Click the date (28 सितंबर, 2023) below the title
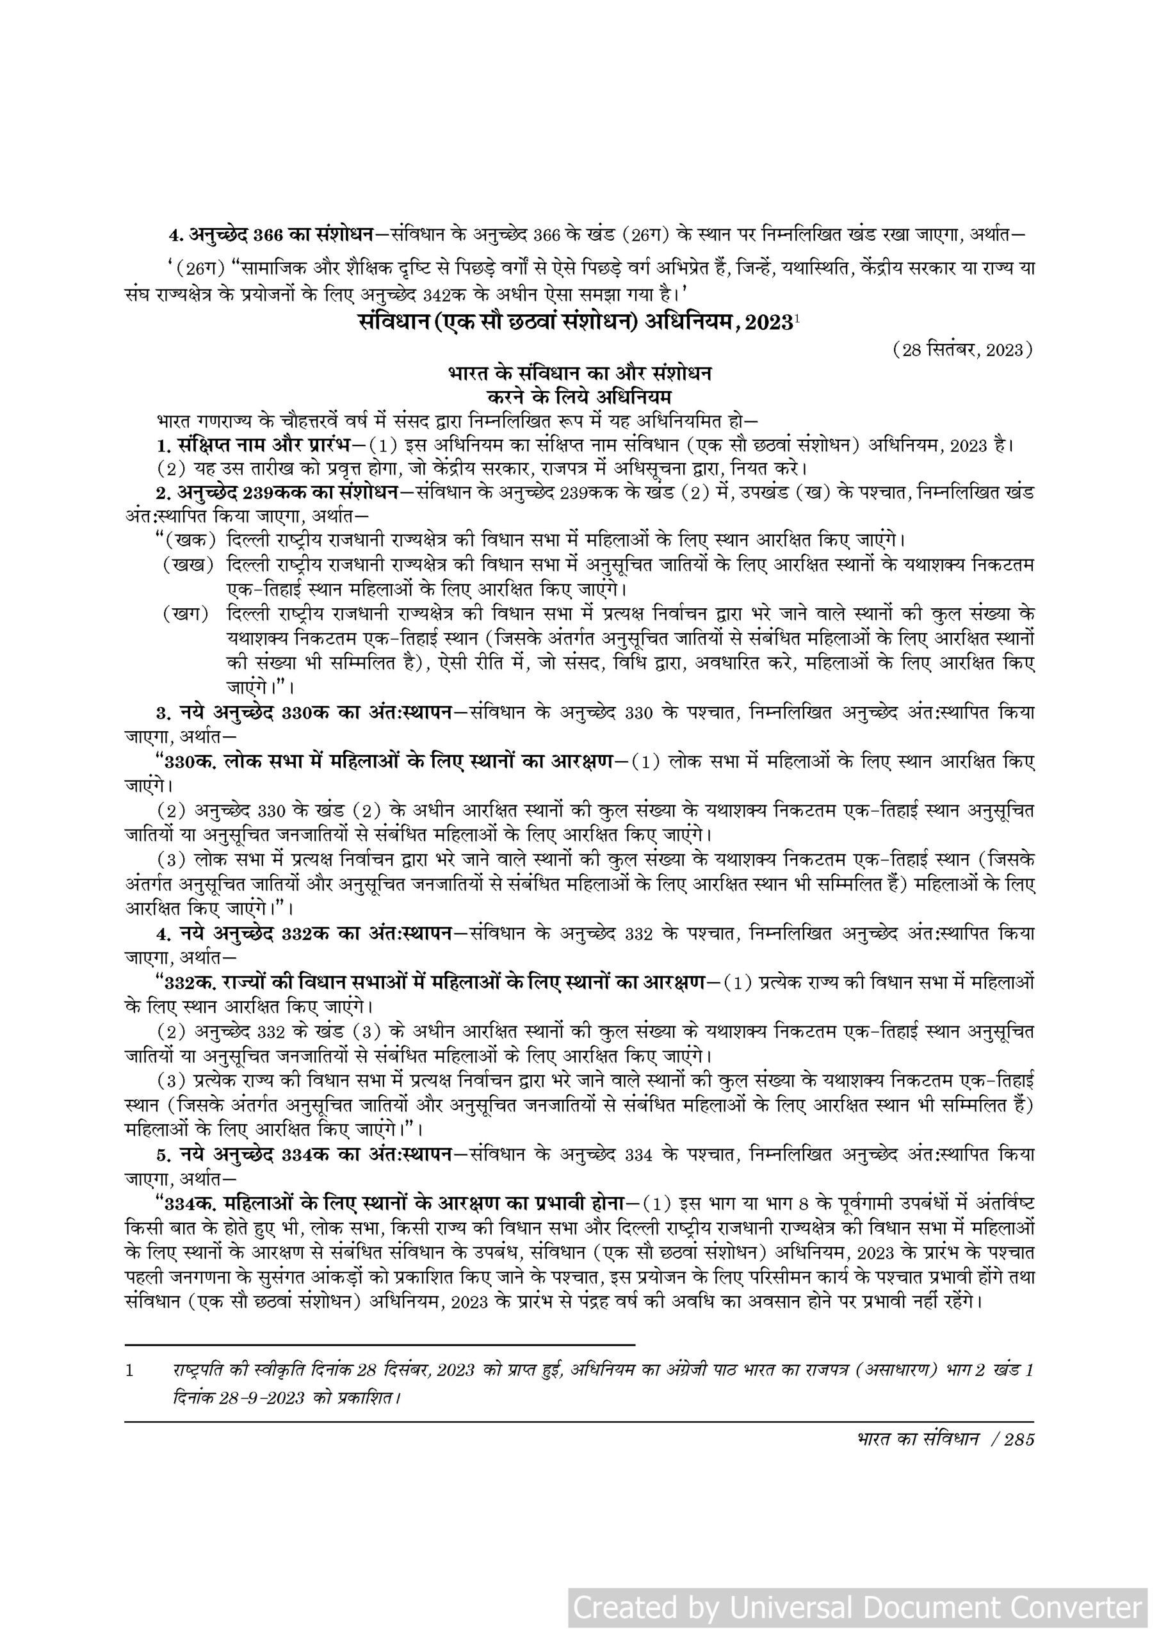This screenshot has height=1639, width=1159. [962, 350]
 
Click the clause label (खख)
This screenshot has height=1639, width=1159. [188, 565]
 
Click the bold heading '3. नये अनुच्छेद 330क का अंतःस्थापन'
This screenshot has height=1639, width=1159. [304, 713]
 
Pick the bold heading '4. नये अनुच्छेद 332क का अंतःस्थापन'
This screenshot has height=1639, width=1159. [304, 933]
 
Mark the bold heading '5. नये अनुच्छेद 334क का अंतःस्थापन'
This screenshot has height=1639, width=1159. [304, 1154]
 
